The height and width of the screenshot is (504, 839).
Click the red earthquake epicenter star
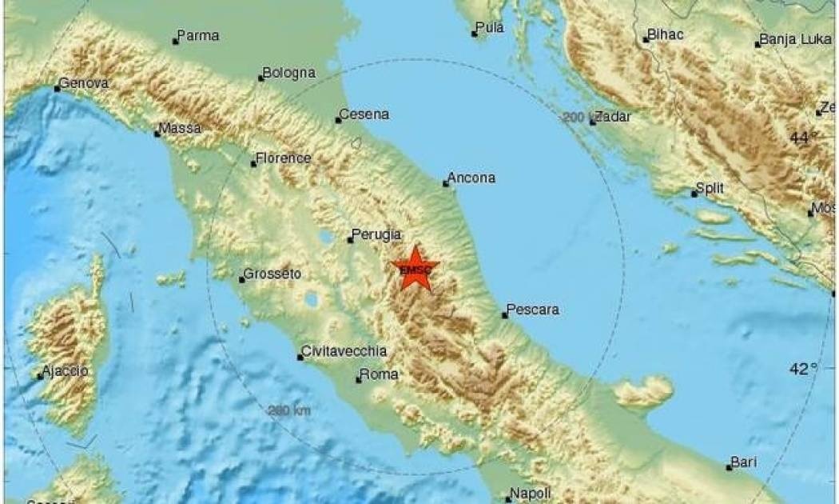(416, 270)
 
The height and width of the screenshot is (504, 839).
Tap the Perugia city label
(376, 235)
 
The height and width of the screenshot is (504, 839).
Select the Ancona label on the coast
(472, 178)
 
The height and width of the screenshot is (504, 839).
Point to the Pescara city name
(533, 310)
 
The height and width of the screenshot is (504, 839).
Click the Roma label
(379, 374)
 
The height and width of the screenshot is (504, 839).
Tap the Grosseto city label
(272, 274)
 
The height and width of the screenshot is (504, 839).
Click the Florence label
(284, 158)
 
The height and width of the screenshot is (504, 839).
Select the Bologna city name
(288, 74)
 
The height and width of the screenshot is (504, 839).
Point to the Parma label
(198, 36)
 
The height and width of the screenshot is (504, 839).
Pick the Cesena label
(365, 114)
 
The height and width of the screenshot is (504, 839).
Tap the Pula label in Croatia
(490, 28)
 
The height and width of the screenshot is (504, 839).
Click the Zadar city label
(613, 117)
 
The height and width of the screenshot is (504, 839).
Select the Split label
(710, 188)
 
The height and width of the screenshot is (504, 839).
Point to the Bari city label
(742, 462)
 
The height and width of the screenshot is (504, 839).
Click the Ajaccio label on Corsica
(66, 371)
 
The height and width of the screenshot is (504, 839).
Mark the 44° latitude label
(802, 138)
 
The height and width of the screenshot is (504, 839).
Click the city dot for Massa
(158, 134)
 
